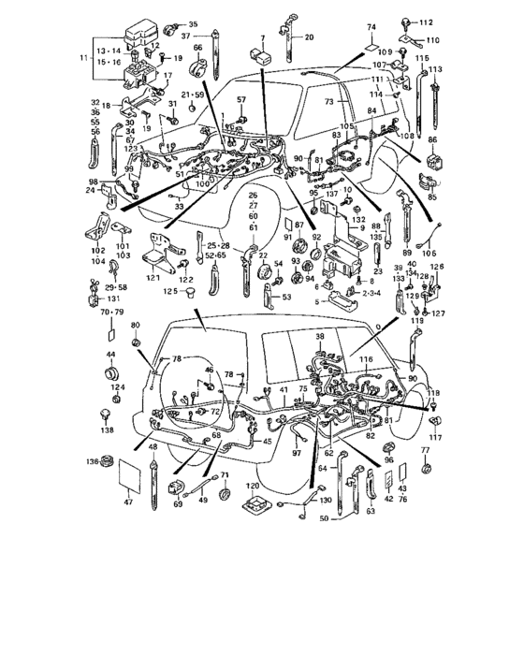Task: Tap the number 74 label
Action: tap(371, 28)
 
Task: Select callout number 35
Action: tap(193, 23)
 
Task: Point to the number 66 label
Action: tap(198, 48)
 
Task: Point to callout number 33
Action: tap(178, 206)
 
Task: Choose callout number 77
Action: tap(426, 452)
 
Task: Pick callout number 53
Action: tap(287, 297)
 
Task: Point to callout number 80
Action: tap(135, 325)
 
